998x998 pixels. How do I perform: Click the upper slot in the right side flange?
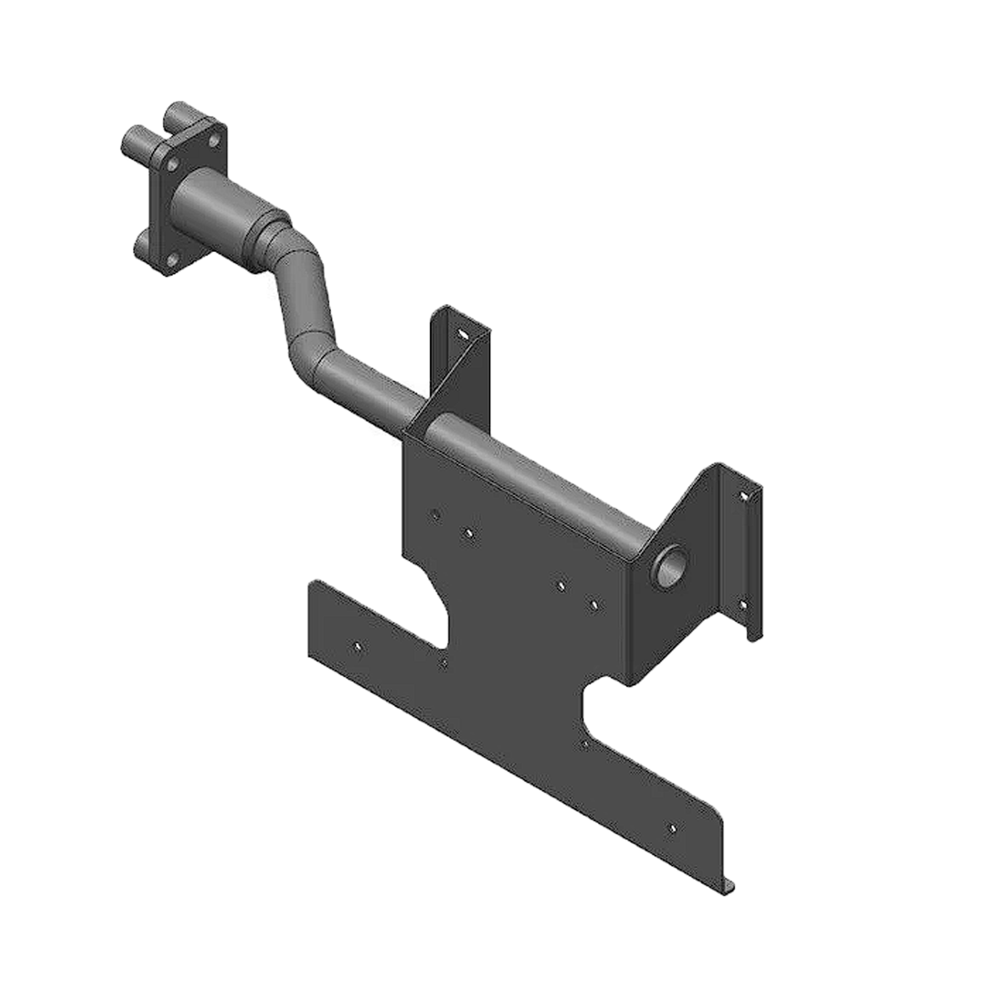pyautogui.click(x=746, y=496)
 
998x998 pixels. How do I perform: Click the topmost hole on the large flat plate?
pyautogui.click(x=434, y=515)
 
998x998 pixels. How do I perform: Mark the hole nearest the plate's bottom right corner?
pyautogui.click(x=672, y=828)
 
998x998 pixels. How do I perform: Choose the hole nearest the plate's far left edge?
pyautogui.click(x=358, y=645)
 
